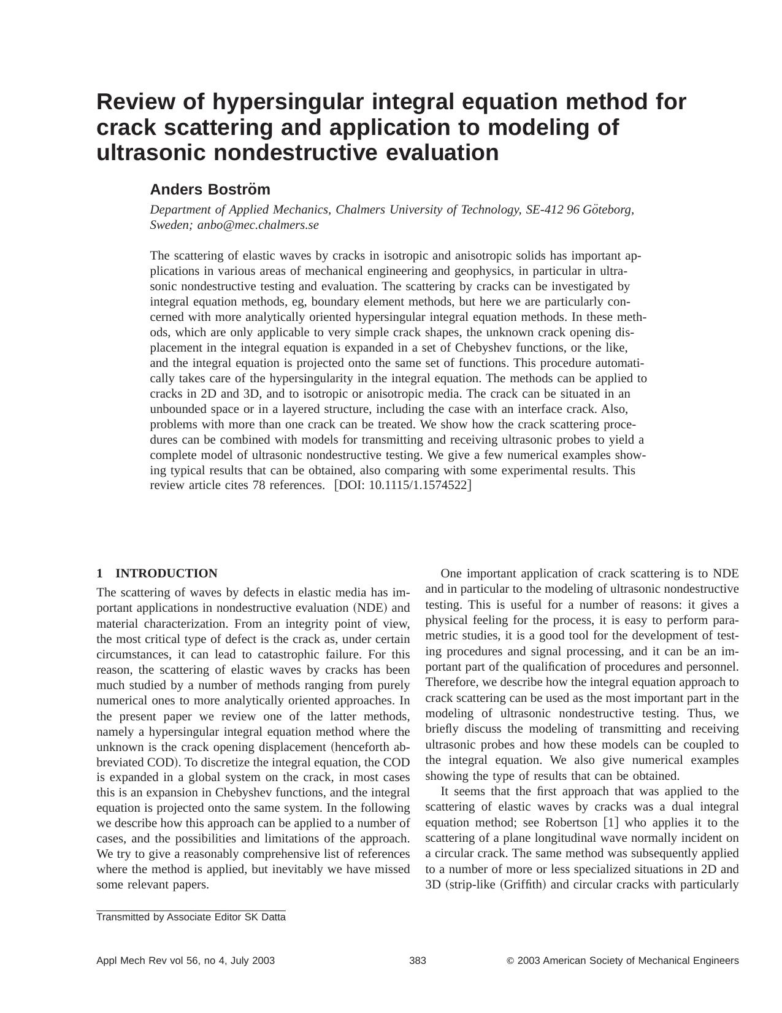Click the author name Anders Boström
[x=210, y=189]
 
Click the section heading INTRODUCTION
[x=166, y=574]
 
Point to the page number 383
[x=418, y=961]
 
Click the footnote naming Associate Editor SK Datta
[x=191, y=917]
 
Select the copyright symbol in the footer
[x=510, y=961]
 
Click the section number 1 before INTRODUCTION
[x=99, y=574]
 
